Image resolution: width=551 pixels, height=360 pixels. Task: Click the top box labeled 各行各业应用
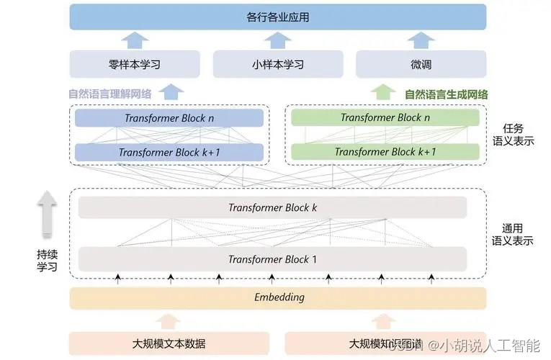pos(277,16)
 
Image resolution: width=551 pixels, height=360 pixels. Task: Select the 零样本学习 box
pos(134,65)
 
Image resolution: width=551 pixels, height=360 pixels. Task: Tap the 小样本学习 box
pos(277,65)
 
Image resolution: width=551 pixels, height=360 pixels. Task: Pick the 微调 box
pos(421,65)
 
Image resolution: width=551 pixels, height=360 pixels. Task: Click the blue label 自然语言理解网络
pos(109,94)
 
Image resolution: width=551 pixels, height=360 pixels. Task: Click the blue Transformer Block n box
pos(169,117)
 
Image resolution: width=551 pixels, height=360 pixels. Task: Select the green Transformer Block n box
pos(385,117)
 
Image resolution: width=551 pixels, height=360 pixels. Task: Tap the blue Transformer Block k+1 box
pos(169,152)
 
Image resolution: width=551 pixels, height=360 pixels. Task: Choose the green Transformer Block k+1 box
pos(385,152)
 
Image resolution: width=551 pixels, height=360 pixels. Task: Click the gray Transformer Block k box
pos(272,207)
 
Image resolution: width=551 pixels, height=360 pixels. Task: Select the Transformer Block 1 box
pos(272,258)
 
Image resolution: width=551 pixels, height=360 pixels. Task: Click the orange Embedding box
pos(278,297)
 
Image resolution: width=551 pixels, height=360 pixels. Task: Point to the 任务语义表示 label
pos(512,134)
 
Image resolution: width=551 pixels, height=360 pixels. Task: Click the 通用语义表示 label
pos(512,234)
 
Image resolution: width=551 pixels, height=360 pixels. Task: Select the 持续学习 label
pos(47,261)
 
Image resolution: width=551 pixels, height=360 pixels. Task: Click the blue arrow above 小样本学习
pos(277,39)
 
